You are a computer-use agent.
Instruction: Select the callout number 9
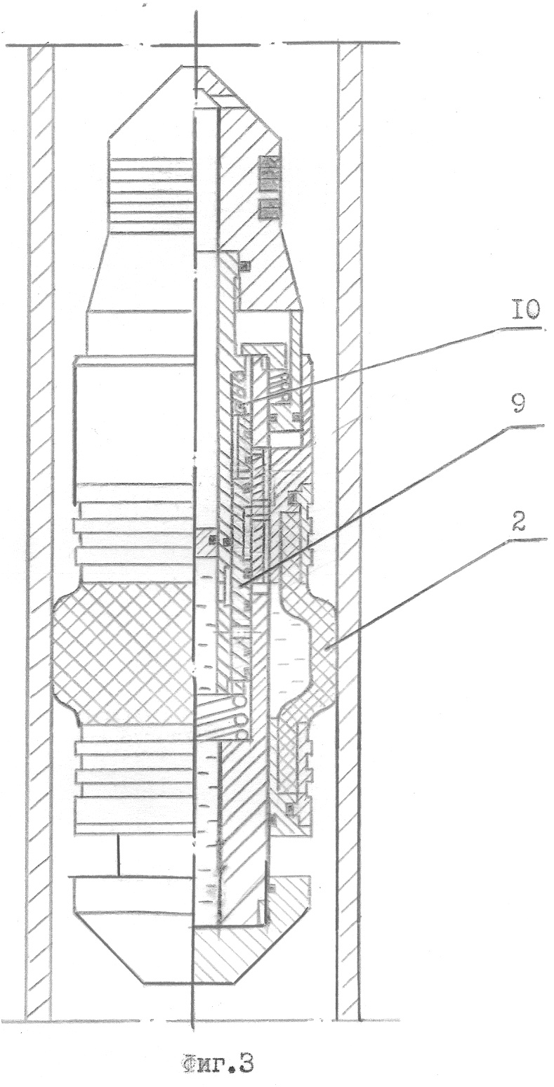[518, 403]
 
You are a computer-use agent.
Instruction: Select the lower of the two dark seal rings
[269, 208]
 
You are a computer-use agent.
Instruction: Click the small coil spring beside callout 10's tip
[282, 388]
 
